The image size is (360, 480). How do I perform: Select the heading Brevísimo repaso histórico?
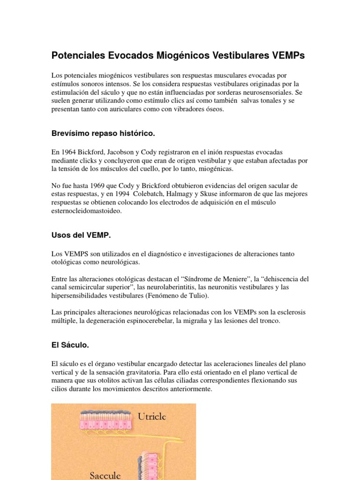coord(103,134)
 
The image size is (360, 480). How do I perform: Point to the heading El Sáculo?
coord(70,345)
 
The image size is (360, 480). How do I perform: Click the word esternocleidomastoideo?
coord(86,211)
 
